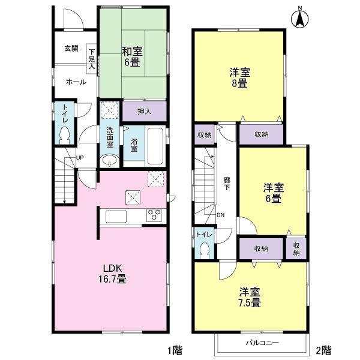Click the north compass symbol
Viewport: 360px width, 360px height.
pyautogui.click(x=298, y=17)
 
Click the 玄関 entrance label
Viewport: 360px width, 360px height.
pyautogui.click(x=72, y=49)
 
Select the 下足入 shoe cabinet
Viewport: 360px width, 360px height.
pyautogui.click(x=92, y=59)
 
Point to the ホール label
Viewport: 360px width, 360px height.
pyautogui.click(x=75, y=81)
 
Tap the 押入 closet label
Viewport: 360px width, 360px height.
pyautogui.click(x=144, y=111)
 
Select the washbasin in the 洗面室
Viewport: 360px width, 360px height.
pyautogui.click(x=110, y=160)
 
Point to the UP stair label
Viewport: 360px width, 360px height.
pyautogui.click(x=79, y=158)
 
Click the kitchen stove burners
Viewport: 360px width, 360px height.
pyautogui.click(x=154, y=215)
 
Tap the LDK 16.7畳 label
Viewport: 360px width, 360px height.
pyautogui.click(x=113, y=272)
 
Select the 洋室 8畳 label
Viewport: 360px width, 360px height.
pyautogui.click(x=239, y=78)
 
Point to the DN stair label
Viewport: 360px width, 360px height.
pyautogui.click(x=220, y=215)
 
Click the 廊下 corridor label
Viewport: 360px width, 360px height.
pyautogui.click(x=226, y=183)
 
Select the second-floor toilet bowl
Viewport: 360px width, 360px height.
pyautogui.click(x=205, y=251)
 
